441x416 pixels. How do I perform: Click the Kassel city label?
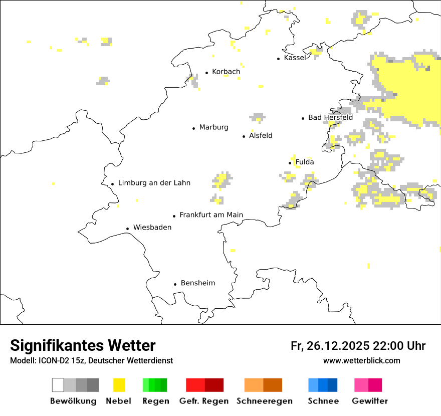click(x=295, y=58)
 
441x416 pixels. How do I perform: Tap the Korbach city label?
click(x=226, y=72)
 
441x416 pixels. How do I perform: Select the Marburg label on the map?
click(x=213, y=127)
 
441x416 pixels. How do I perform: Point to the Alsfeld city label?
click(x=261, y=135)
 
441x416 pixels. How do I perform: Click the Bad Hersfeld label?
click(x=330, y=117)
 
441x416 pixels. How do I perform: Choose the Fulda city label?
click(x=305, y=162)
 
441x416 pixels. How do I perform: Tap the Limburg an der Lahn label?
click(x=154, y=183)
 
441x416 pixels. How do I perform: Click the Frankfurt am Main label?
click(x=211, y=215)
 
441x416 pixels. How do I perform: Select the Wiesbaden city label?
click(x=152, y=228)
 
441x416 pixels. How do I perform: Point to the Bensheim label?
click(x=198, y=283)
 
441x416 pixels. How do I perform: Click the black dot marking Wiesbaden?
click(x=128, y=229)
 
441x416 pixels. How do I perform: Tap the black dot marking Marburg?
click(x=194, y=128)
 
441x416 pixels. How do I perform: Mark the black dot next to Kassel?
click(x=279, y=59)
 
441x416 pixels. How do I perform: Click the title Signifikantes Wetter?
click(x=83, y=345)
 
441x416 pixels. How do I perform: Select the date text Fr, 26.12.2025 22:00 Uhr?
click(x=358, y=346)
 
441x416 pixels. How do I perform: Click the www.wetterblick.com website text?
click(x=361, y=360)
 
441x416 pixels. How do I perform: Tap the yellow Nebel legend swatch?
click(x=119, y=385)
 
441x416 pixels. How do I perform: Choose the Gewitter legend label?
click(x=369, y=401)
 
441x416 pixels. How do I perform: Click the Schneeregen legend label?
click(x=264, y=401)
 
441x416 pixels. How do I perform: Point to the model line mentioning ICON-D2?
click(x=91, y=360)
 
